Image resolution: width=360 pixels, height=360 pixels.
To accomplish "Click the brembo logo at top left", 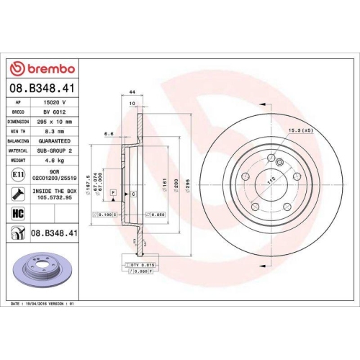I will pyautogui.click(x=42, y=68).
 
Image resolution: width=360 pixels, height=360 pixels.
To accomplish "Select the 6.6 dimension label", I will pyautogui.click(x=108, y=135).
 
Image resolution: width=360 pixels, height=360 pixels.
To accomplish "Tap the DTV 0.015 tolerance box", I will pyautogui.click(x=140, y=266).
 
